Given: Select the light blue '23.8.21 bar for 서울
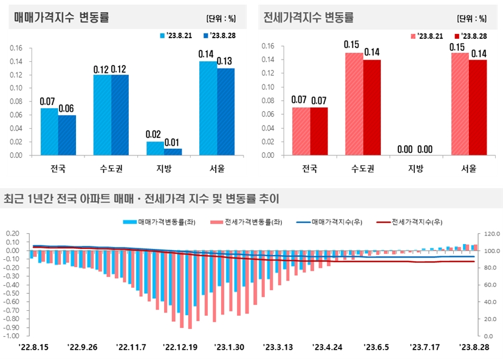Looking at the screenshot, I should pyautogui.click(x=208, y=108).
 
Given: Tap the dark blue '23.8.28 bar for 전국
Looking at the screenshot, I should pyautogui.click(x=67, y=135).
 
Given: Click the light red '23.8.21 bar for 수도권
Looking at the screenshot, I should pyautogui.click(x=354, y=104).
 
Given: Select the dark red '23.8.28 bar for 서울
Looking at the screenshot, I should pyautogui.click(x=478, y=107).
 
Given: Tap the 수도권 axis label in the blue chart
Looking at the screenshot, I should pyautogui.click(x=111, y=169).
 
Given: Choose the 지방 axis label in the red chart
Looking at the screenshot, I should pyautogui.click(x=416, y=169).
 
